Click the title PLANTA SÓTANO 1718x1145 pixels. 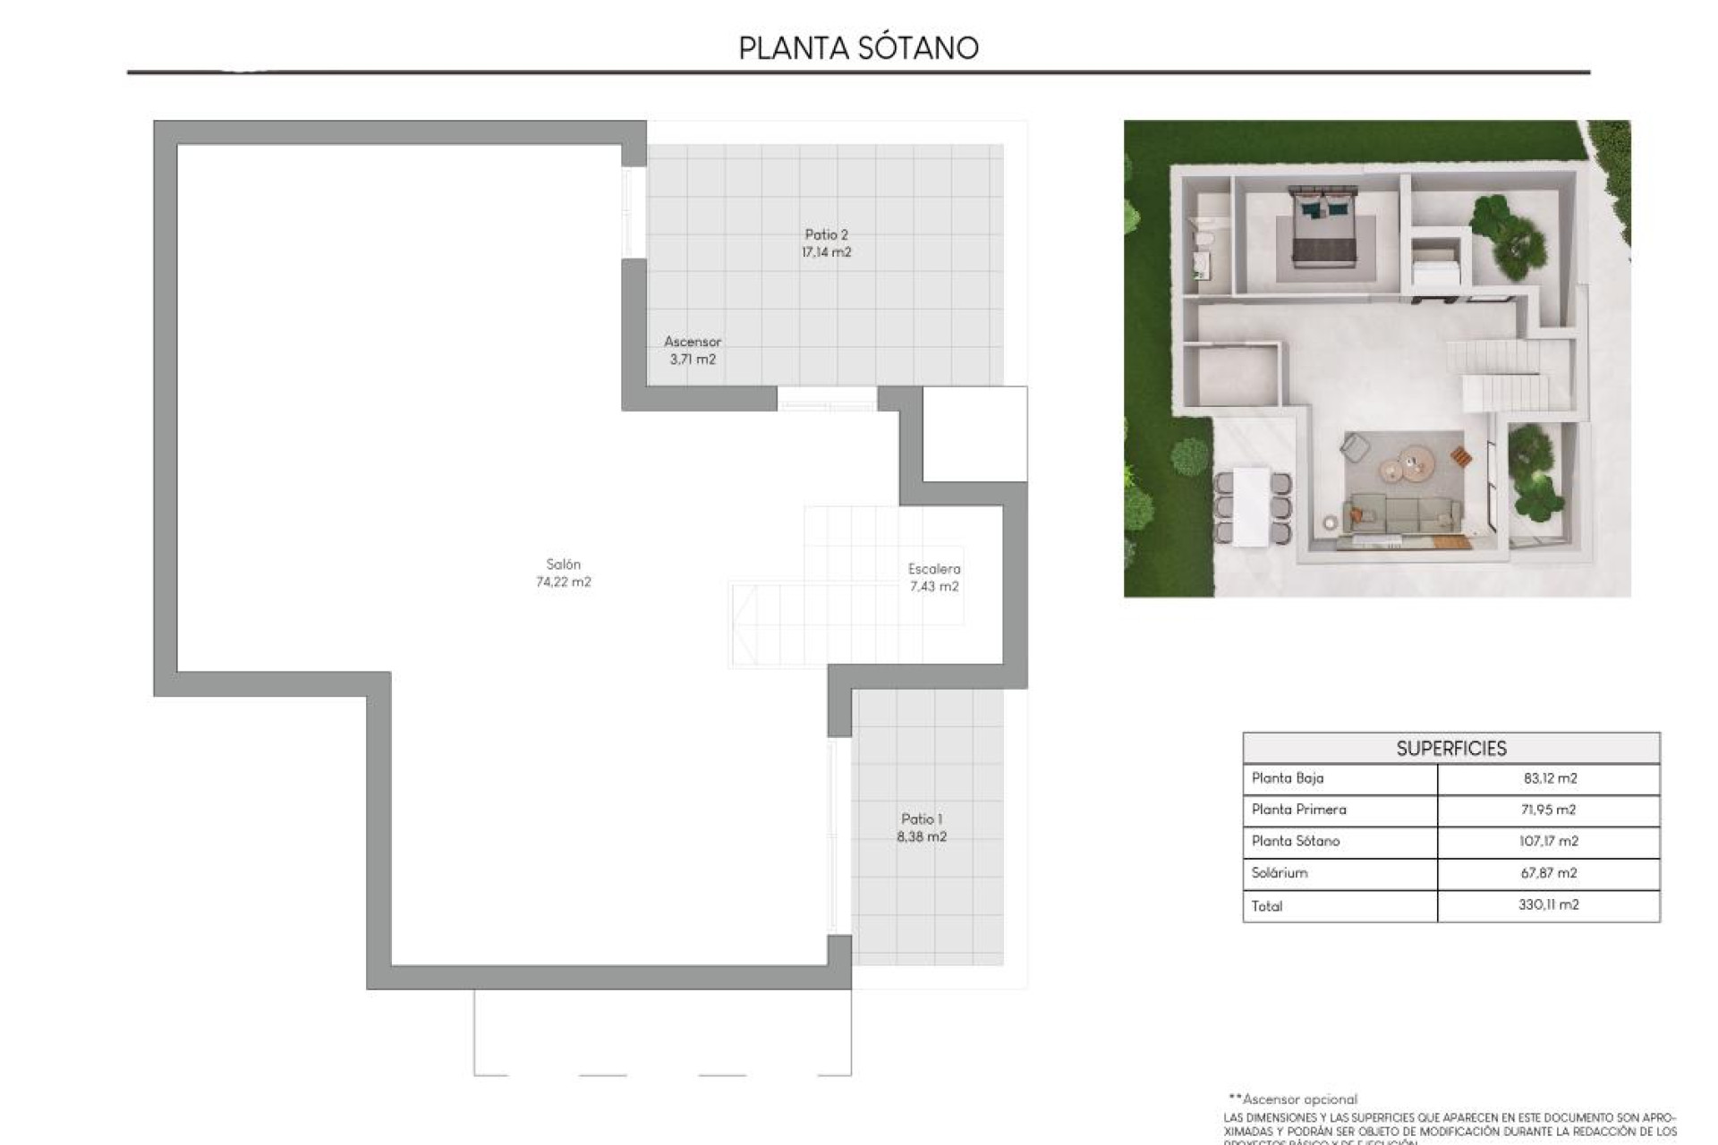859,47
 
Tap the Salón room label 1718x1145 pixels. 564,564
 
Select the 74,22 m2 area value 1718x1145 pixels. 564,582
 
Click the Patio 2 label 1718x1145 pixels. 826,235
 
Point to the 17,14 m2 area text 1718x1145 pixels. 826,252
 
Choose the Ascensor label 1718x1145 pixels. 693,342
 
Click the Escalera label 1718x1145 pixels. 934,569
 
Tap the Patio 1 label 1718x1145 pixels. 922,819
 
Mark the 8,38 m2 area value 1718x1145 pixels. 922,837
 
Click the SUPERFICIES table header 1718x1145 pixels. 1451,749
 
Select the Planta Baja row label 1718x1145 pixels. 1288,778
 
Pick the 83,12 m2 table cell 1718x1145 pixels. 1550,778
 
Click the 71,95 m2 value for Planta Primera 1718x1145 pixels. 1548,810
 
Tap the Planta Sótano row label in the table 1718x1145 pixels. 1296,841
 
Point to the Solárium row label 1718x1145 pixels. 1280,873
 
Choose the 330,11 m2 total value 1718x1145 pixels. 1548,905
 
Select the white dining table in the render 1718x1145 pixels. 1252,507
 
